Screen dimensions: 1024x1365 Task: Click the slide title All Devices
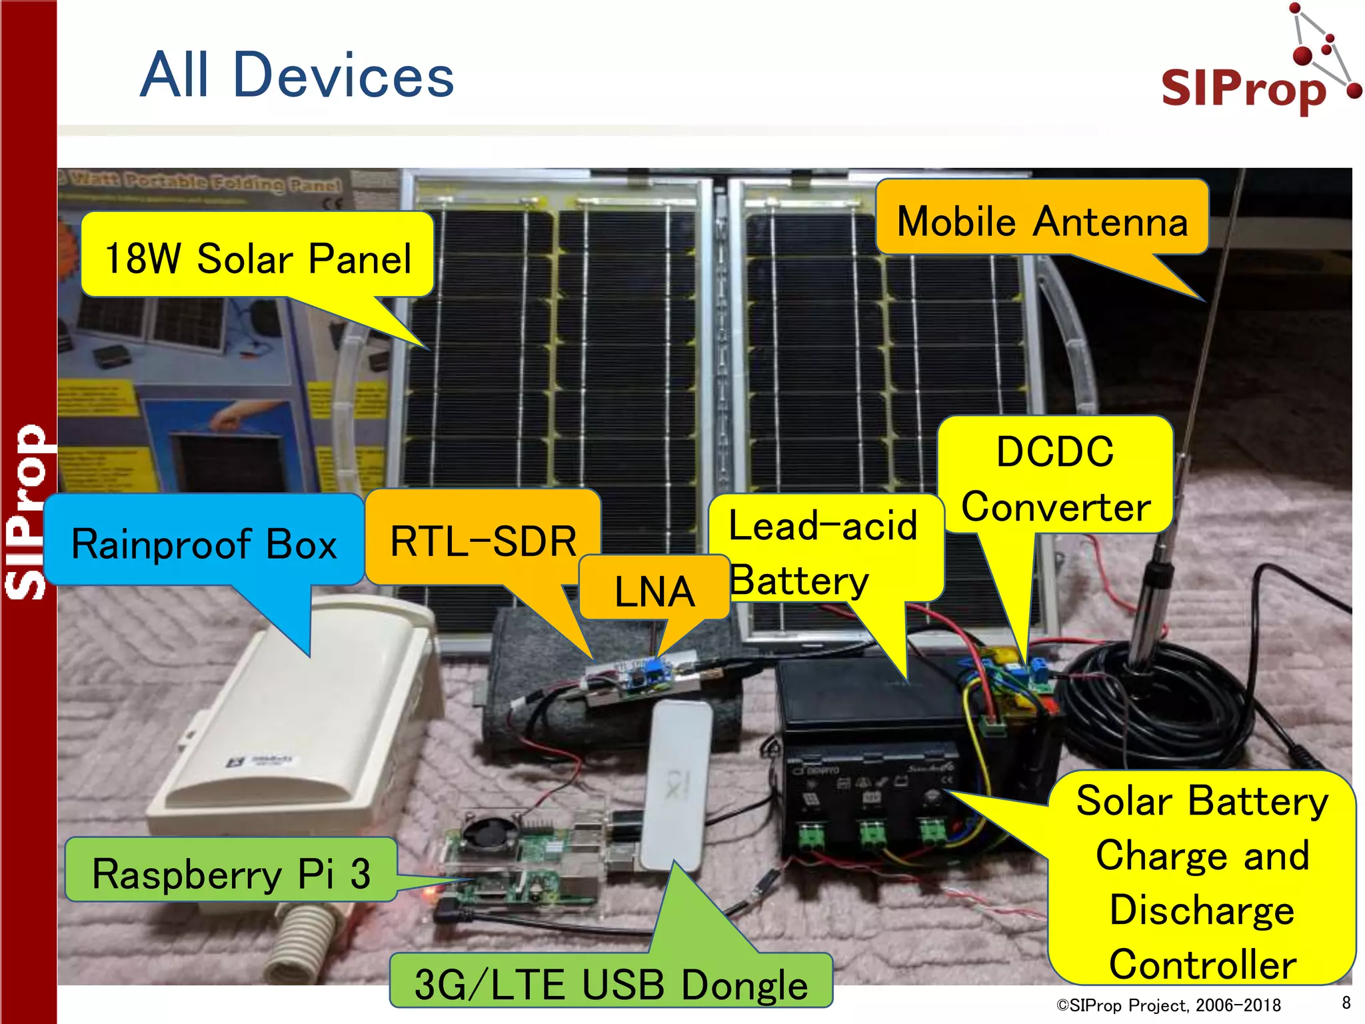pos(297,75)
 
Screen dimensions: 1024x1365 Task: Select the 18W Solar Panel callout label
pos(257,258)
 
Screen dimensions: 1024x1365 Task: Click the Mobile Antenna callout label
pos(1042,221)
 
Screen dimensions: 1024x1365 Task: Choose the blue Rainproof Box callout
pos(204,543)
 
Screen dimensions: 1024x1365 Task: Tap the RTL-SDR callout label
pos(483,540)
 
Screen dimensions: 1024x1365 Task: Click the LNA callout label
pos(654,591)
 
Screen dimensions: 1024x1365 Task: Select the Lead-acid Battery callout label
pos(824,552)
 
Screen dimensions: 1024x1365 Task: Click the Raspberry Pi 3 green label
pos(231,873)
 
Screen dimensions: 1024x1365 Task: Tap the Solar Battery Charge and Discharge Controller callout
pos(1202,881)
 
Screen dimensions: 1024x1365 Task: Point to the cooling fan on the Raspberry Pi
pos(484,834)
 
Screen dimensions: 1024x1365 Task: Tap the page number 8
pos(1346,1003)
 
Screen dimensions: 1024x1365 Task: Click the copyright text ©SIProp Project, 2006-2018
pos(1168,1005)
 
